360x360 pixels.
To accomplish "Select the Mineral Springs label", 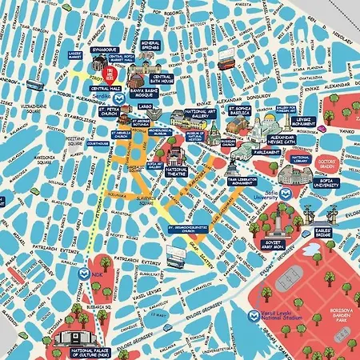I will (151, 46).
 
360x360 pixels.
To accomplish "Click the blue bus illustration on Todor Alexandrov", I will (34, 84).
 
